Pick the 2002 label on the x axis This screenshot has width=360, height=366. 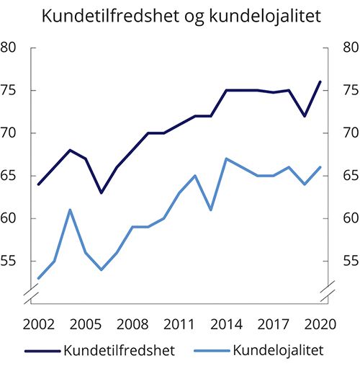(39, 323)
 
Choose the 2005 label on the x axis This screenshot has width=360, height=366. (86, 323)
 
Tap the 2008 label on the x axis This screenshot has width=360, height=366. (132, 323)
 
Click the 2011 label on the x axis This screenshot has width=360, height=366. (179, 323)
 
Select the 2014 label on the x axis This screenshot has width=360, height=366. (226, 323)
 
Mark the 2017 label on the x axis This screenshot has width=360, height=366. (273, 323)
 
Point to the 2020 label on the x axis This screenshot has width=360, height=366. (320, 323)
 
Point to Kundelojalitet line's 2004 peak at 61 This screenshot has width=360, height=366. (70, 210)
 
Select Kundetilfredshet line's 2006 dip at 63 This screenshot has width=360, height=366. (102, 192)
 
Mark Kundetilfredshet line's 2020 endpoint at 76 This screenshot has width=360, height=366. (320, 82)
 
